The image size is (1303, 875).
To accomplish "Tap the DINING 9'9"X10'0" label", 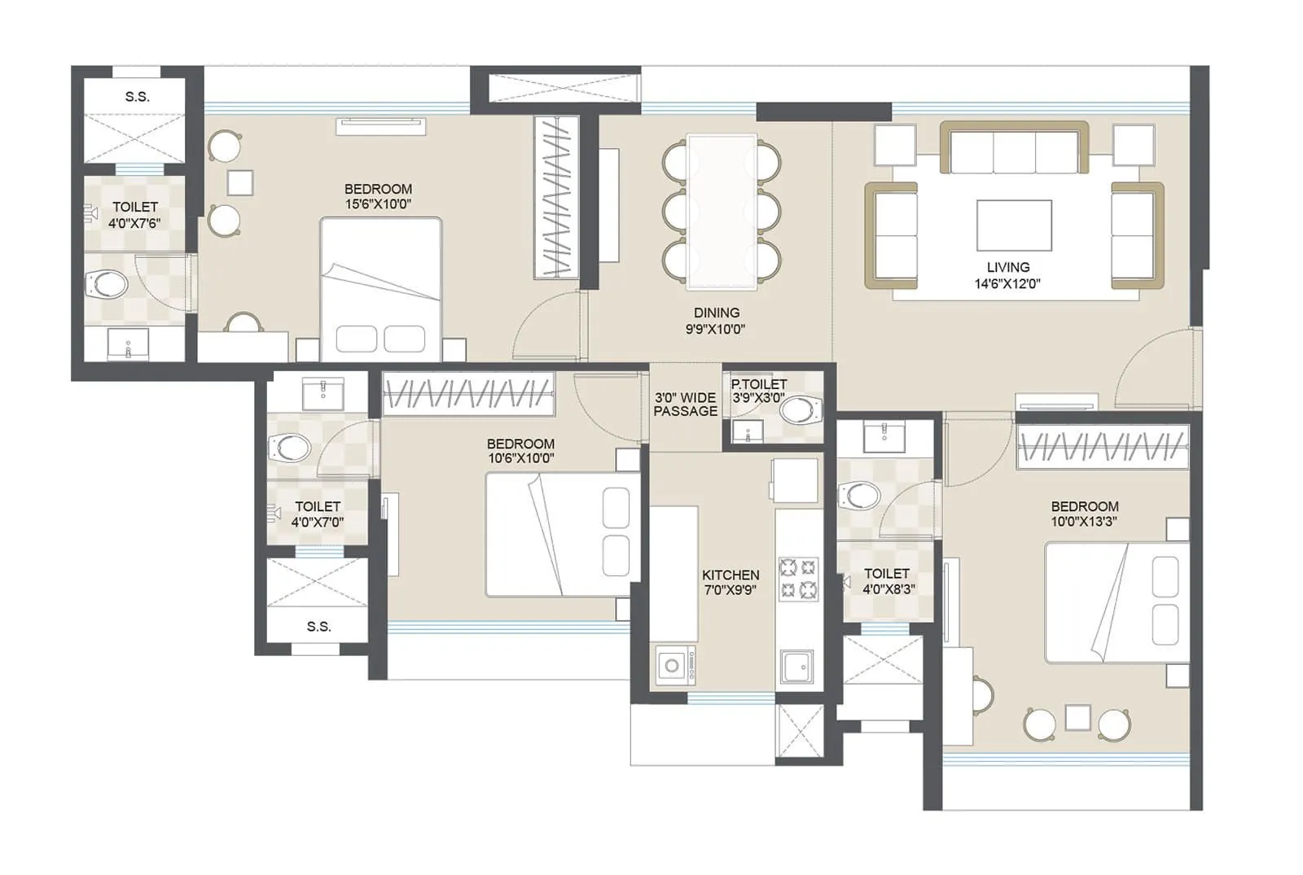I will click(716, 321).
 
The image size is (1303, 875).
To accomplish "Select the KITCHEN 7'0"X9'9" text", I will click(730, 582).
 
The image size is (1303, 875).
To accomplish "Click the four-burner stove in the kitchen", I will click(798, 578).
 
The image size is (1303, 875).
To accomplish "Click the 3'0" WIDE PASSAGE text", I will click(686, 405).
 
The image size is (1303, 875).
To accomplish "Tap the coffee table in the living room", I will click(1014, 225).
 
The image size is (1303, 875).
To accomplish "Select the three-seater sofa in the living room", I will click(1014, 148).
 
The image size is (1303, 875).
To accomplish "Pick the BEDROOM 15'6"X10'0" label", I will click(378, 196).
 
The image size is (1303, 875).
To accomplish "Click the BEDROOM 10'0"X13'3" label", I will click(1084, 514).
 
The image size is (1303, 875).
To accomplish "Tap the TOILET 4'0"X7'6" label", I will click(135, 215).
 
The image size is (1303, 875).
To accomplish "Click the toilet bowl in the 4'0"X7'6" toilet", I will click(107, 285).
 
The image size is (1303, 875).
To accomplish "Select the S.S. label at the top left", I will click(137, 97).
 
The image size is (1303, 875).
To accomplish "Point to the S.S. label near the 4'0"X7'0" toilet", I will click(318, 627).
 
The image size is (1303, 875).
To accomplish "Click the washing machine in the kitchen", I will click(674, 666).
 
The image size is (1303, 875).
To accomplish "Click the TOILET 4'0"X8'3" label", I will click(887, 581).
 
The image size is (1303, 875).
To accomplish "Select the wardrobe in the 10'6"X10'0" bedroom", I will click(468, 395).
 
